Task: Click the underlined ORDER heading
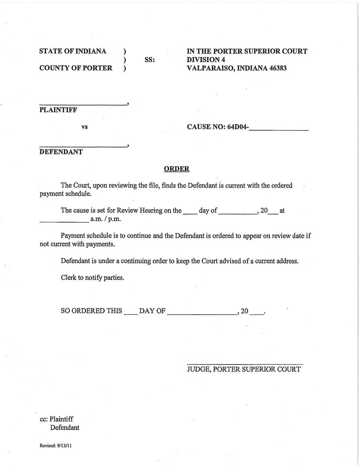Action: pos(176,169)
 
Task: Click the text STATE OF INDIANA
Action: pos(73,51)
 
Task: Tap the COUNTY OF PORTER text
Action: pos(76,68)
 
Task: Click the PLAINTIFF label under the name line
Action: pos(58,110)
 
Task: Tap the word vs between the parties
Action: pos(84,127)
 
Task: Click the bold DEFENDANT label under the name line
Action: pos(61,152)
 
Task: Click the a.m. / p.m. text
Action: pos(105,219)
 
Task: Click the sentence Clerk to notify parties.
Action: pos(92,278)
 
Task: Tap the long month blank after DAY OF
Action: pos(202,314)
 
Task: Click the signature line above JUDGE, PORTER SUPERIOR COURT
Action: pos(245,364)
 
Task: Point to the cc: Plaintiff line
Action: pos(56,419)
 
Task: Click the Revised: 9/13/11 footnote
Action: pos(56,446)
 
